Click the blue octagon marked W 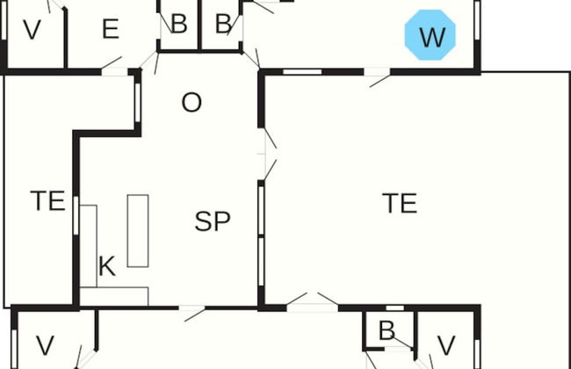pos(431,36)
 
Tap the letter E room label pos(110,30)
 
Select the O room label pos(191,103)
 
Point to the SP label pos(213,221)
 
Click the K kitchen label pos(106,267)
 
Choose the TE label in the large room pos(400,203)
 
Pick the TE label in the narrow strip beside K pos(48,201)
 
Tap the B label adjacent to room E pos(178,25)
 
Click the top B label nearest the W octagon pos(223,25)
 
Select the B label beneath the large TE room pos(386,331)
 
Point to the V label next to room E pos(32,31)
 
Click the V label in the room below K pos(45,344)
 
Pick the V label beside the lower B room pos(446,344)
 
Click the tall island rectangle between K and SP pos(138,230)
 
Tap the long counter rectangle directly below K pos(114,296)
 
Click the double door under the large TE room pos(313,300)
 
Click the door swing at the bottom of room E pos(112,63)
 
